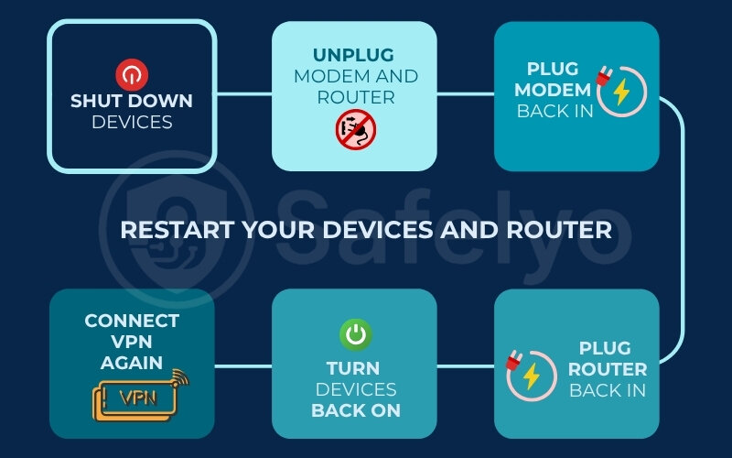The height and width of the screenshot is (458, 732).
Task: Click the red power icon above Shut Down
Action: point(132,73)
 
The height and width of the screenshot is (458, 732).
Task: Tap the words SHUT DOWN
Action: point(132,101)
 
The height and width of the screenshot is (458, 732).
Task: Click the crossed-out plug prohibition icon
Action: point(354,129)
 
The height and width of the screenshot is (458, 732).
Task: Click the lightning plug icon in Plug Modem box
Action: point(621,90)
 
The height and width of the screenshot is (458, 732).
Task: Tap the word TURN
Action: point(353,369)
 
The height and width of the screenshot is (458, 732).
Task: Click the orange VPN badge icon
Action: point(133,396)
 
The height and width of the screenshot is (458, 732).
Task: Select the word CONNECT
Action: point(132,321)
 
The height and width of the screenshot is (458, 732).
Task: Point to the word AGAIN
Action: point(132,363)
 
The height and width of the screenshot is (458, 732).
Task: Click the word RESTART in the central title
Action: point(178,228)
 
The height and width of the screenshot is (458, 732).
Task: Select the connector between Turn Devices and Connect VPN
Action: point(243,365)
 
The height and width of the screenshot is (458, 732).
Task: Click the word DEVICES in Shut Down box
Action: point(132,121)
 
